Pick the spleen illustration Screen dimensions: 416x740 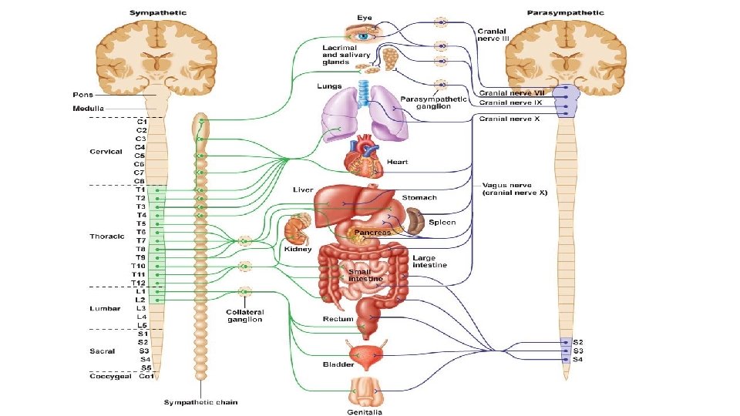coord(416,221)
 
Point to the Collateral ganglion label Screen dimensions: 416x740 coord(244,316)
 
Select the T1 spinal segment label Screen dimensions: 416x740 coord(141,190)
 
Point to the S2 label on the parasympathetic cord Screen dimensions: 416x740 coord(577,341)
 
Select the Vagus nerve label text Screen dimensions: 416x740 coord(514,189)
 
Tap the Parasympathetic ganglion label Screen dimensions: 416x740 coord(435,102)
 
